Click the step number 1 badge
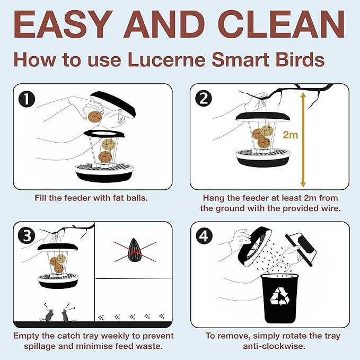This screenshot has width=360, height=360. (28, 99)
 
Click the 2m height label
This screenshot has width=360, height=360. (290, 135)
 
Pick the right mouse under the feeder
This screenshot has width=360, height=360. (67, 314)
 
